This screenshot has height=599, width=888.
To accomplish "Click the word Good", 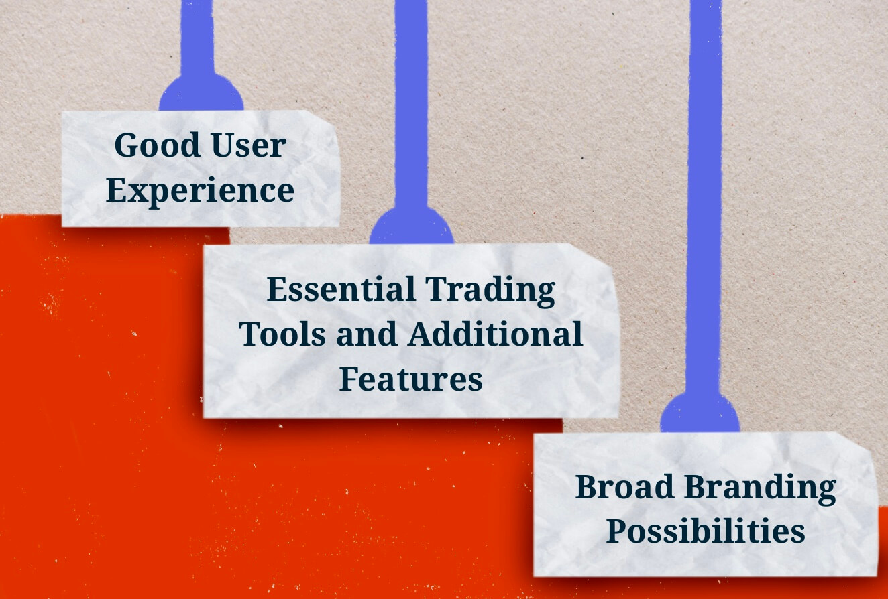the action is tap(157, 145).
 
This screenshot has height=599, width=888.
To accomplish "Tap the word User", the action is tap(249, 145).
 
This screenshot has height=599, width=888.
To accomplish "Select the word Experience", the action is tap(200, 191).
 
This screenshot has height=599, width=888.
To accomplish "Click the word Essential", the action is tap(341, 289).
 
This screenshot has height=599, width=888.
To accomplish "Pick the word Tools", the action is tap(282, 334).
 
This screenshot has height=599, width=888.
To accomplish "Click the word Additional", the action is tap(495, 334).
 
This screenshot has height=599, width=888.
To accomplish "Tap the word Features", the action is tap(410, 379).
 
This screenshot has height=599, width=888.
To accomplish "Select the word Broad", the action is tap(625, 487).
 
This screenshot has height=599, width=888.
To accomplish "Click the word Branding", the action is tap(761, 489).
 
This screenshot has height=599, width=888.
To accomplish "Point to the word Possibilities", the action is tap(706, 531).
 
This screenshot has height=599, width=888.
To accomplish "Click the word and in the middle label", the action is tap(367, 334).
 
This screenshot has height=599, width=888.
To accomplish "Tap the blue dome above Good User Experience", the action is tap(201, 93).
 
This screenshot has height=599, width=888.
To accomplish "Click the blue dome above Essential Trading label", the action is tap(412, 226).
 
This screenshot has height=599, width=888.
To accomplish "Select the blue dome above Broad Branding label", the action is tap(700, 413).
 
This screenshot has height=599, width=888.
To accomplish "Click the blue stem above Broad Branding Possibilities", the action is tap(705, 197).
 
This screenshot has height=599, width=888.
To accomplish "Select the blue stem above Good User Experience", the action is tap(197, 38).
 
